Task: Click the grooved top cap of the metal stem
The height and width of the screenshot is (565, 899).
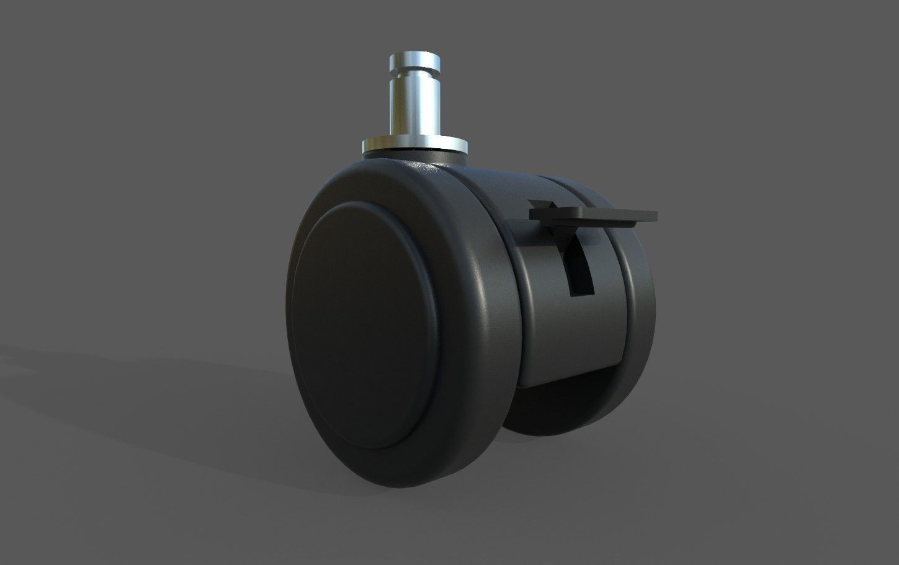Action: click(x=414, y=61)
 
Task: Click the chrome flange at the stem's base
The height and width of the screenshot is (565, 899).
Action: click(x=414, y=145)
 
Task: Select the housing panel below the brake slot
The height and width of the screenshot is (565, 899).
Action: click(x=571, y=335)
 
